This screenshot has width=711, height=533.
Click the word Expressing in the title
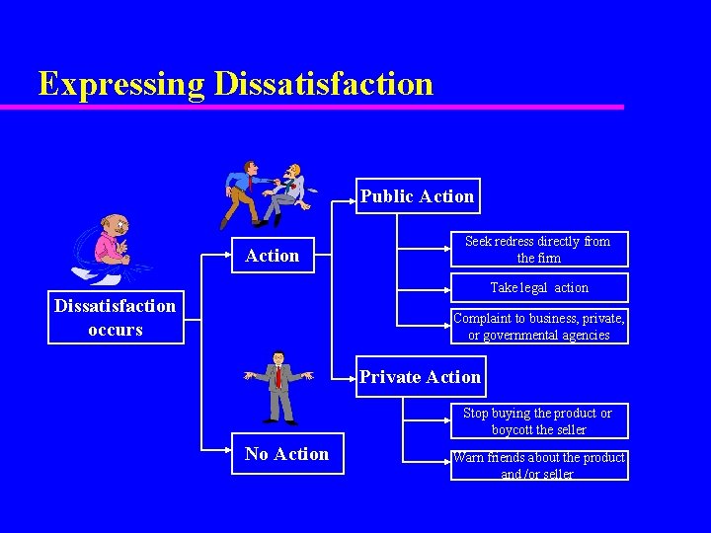point(121,84)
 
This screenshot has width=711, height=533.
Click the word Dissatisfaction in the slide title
point(323,84)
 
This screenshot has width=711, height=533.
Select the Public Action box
point(417,196)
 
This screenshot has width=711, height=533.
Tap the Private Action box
point(420,377)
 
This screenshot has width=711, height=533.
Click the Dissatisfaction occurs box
point(116,318)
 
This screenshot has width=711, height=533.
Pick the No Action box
point(287,454)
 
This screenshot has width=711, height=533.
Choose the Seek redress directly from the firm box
point(538,250)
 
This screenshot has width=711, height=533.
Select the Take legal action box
point(539,288)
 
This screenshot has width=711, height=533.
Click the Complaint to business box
point(538,327)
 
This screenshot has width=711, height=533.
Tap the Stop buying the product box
point(538,421)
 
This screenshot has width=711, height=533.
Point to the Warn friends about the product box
point(538,465)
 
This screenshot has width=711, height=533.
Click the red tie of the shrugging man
point(278,376)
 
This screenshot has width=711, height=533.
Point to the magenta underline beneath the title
point(326,107)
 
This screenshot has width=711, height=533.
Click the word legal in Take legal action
point(534,288)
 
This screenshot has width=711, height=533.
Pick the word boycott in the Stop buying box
point(512,430)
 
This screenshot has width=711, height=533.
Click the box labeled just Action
point(272,256)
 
